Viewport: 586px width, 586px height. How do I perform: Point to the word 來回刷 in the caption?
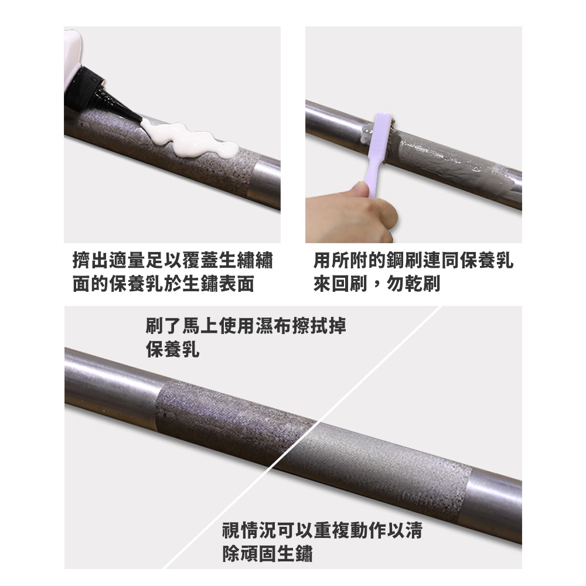340,284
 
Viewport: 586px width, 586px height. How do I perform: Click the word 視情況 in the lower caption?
249,530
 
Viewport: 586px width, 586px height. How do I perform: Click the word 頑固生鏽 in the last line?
277,554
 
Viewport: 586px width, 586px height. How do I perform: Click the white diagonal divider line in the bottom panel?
302,437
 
